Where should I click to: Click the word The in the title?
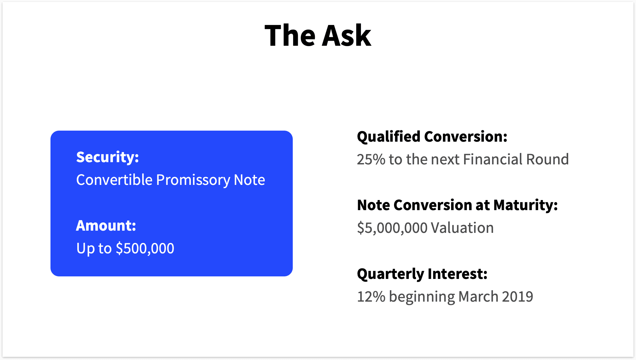pyautogui.click(x=290, y=36)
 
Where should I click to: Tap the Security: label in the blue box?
pyautogui.click(x=108, y=157)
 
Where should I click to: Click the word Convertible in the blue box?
pyautogui.click(x=114, y=180)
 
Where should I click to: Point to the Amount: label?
pyautogui.click(x=106, y=226)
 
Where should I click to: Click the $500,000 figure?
pyautogui.click(x=145, y=248)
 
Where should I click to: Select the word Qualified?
pyautogui.click(x=389, y=137)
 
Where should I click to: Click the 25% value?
pyautogui.click(x=371, y=159)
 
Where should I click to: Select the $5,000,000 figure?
pyautogui.click(x=392, y=228)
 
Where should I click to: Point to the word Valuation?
pyautogui.click(x=462, y=228)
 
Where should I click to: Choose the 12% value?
pyautogui.click(x=371, y=297)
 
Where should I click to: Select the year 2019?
pyautogui.click(x=517, y=297)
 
